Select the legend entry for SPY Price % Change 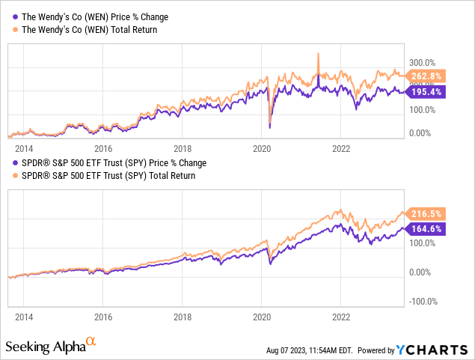coord(110,162)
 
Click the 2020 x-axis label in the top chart coord(262,148)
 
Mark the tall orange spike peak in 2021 coord(319,53)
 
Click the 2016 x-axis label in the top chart coord(103,148)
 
